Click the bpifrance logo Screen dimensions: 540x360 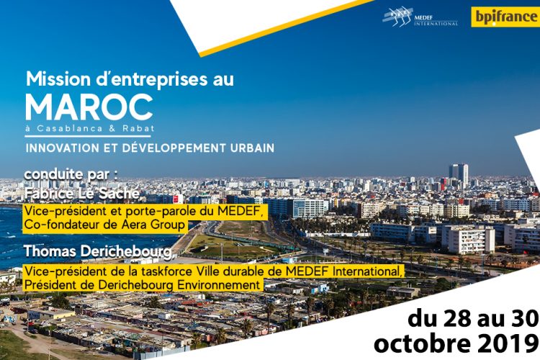(x=505, y=17)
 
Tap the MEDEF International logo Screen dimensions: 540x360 (x=420, y=17)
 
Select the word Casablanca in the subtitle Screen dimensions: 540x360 (x=70, y=128)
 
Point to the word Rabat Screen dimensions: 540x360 (x=138, y=128)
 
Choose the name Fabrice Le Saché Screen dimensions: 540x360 (x=82, y=194)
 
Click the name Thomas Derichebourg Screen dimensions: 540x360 (x=98, y=251)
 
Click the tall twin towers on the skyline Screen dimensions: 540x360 (x=459, y=176)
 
